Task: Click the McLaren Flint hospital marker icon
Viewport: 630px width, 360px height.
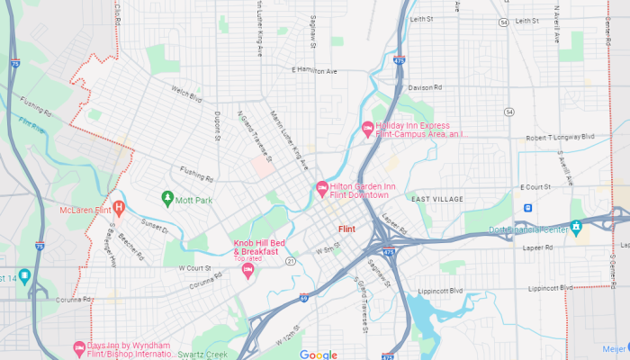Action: [118, 209]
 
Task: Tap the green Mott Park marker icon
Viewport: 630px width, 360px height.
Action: [166, 198]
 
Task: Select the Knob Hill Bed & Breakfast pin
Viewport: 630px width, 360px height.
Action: [247, 271]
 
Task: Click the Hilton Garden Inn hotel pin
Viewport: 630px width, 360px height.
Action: [321, 188]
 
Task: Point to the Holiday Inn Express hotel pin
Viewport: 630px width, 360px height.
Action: [367, 129]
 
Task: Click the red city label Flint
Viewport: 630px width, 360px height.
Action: [346, 229]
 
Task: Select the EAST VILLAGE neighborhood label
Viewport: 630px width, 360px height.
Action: [436, 199]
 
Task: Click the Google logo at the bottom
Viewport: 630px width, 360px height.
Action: [318, 355]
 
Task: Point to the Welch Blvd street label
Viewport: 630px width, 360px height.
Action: [186, 94]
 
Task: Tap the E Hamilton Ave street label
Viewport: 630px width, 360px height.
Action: [314, 70]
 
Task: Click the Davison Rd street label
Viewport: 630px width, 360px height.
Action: [425, 88]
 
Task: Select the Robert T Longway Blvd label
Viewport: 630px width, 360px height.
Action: [561, 138]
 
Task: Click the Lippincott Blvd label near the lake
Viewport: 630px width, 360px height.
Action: [440, 292]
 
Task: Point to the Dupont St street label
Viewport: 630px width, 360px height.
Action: [218, 126]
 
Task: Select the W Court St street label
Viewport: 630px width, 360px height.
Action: [193, 268]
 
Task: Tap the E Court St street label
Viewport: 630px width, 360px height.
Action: [535, 187]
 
